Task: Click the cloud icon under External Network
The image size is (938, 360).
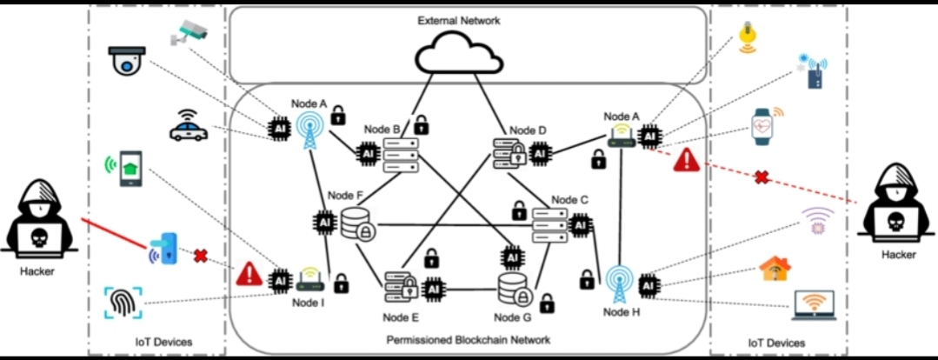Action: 459,57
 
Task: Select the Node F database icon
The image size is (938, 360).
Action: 357,224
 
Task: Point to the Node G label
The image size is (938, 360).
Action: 513,317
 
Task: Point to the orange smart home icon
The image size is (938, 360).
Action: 775,268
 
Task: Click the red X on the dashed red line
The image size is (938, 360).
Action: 762,177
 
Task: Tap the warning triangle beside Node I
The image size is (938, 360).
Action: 249,276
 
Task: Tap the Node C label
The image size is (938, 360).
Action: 570,200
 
